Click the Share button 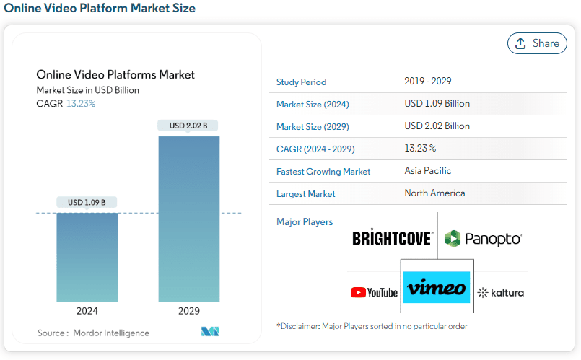point(537,43)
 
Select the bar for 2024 point(87,258)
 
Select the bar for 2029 point(189,219)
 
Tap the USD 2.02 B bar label point(188,126)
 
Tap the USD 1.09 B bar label point(87,202)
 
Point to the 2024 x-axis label point(87,311)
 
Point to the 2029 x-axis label point(189,311)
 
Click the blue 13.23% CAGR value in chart point(81,104)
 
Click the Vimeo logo point(437,287)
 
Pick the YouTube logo point(375,293)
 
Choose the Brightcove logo point(393,237)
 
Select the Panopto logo point(483,239)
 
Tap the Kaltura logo point(501,293)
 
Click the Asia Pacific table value point(427,171)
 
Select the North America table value point(434,193)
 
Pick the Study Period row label point(301,82)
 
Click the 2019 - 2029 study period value point(427,81)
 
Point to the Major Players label point(305,222)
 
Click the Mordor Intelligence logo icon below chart point(210,331)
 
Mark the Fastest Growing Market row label point(323,172)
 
